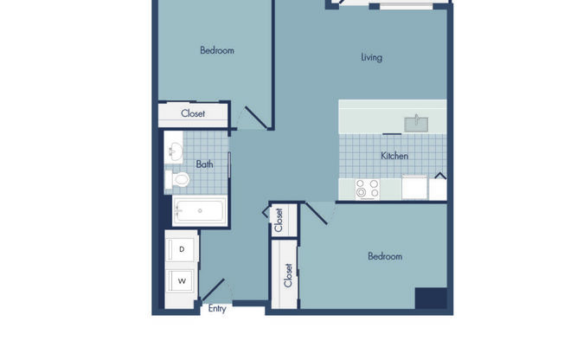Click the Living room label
371,58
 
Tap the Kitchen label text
394,157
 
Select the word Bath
204,164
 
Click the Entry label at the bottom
217,308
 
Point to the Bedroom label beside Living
217,50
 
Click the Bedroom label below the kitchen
385,256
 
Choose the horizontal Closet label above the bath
193,113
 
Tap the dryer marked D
182,249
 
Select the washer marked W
182,281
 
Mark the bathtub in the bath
199,209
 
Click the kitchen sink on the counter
417,123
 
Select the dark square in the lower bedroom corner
430,297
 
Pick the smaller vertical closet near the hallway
279,221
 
